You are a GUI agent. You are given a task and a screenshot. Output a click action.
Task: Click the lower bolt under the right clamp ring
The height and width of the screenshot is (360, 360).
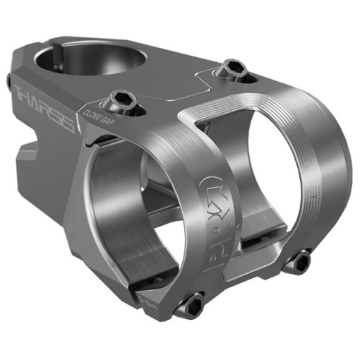pos(300,262)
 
